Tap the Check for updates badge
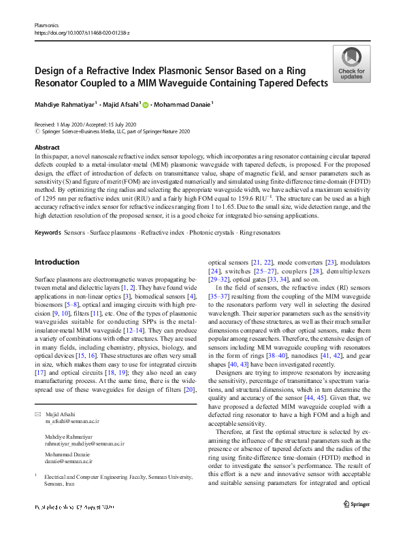351,65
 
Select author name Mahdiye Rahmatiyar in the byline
64,104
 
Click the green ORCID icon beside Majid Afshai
145,104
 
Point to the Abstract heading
46,147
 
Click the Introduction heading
56,262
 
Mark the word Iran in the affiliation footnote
76,484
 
